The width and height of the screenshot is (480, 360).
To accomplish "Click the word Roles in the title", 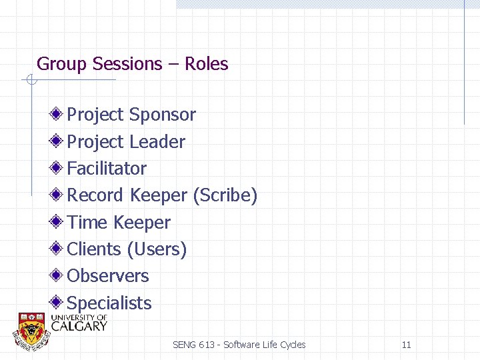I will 206,64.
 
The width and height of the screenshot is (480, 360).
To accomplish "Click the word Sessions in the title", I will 128,64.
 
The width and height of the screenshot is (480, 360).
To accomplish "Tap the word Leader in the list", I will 157,141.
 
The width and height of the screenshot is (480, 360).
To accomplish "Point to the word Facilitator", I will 107,168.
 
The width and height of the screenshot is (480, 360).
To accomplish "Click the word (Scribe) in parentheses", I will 225,195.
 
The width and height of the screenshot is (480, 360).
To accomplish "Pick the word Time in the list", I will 87,222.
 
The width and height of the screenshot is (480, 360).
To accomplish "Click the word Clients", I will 94,249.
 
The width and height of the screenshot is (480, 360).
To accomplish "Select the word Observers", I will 108,275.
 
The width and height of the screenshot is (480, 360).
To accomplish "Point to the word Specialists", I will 109,303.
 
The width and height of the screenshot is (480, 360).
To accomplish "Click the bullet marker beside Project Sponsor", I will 58,114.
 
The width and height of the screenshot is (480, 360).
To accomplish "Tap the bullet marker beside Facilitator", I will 58,167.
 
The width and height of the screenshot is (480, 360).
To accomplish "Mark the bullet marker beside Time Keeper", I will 58,221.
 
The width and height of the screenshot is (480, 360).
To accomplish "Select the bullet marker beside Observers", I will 58,275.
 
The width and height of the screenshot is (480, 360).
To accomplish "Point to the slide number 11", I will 406,345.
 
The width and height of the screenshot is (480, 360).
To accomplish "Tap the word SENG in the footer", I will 183,345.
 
